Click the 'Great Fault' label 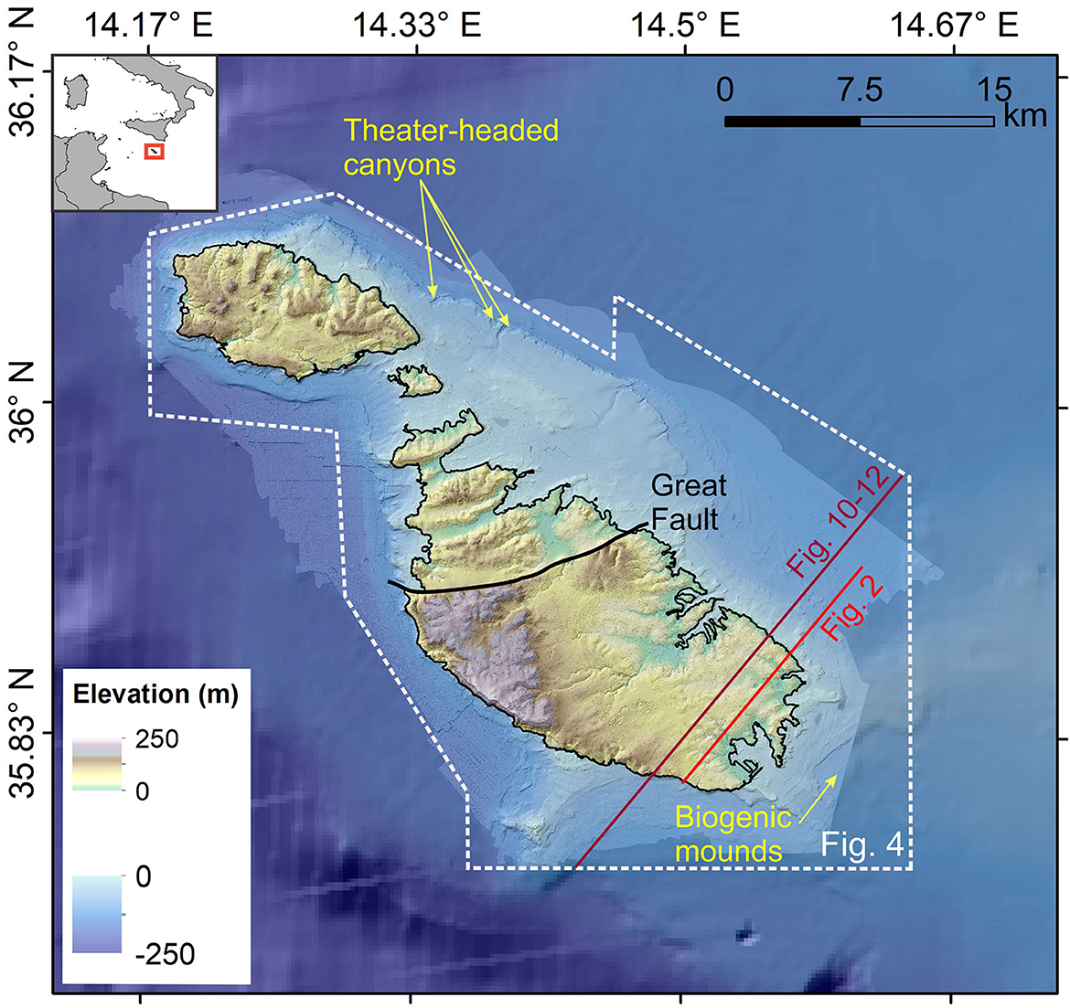pyautogui.click(x=689, y=502)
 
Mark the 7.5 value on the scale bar pyautogui.click(x=860, y=90)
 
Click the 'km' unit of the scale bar pyautogui.click(x=1024, y=116)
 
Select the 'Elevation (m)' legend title pyautogui.click(x=155, y=695)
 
